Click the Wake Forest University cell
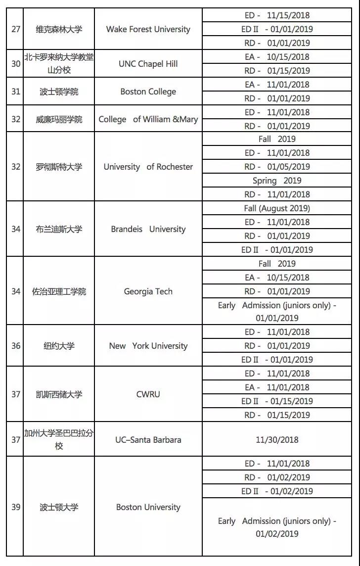[148, 29]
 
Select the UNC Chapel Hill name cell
[148, 64]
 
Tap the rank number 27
[16, 29]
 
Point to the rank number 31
[16, 92]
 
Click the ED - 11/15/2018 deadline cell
[277, 15]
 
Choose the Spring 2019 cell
[277, 181]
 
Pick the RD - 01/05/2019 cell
[277, 167]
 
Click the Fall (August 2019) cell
[277, 208]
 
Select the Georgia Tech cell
[148, 291]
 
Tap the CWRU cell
[148, 394]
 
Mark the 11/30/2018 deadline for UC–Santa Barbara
[277, 439]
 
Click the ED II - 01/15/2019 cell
[277, 401]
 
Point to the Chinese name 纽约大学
[59, 346]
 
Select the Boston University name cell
[148, 507]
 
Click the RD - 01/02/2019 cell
[277, 477]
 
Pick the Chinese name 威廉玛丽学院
[59, 119]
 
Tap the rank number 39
[16, 507]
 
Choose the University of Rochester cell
[148, 167]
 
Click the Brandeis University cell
[148, 229]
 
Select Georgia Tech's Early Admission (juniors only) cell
[277, 312]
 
